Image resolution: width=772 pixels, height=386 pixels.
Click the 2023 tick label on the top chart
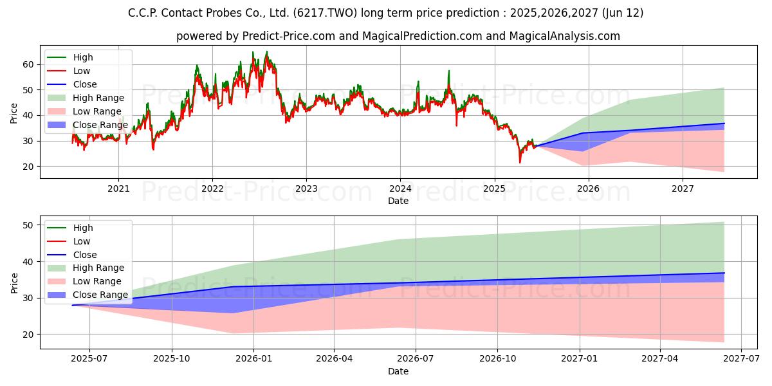click(306, 189)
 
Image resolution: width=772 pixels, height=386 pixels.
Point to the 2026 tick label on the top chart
click(588, 189)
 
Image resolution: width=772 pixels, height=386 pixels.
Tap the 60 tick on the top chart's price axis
click(28, 65)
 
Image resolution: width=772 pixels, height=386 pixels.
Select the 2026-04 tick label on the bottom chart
click(335, 359)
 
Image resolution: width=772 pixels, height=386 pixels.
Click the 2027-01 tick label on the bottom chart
click(580, 359)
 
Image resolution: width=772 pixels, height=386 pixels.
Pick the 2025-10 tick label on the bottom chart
click(172, 359)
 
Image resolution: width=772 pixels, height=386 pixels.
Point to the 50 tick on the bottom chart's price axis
click(28, 225)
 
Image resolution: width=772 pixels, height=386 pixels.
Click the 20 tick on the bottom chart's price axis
click(28, 335)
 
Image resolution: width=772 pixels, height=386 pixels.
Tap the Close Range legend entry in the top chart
click(87, 125)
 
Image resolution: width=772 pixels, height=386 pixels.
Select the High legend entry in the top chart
click(70, 57)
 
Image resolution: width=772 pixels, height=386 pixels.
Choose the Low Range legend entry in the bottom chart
click(84, 281)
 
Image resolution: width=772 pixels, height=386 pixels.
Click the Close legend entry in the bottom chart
click(72, 255)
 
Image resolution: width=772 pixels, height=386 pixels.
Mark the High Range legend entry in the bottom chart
click(86, 268)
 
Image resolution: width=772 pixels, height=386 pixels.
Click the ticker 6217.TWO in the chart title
click(325, 13)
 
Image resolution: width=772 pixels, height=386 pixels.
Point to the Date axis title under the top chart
click(398, 201)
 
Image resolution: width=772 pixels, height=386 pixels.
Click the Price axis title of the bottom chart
click(14, 283)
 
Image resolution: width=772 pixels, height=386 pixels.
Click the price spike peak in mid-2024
click(449, 71)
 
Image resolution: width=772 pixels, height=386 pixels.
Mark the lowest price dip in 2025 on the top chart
click(520, 163)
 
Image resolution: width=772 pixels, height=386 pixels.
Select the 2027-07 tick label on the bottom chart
click(741, 359)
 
